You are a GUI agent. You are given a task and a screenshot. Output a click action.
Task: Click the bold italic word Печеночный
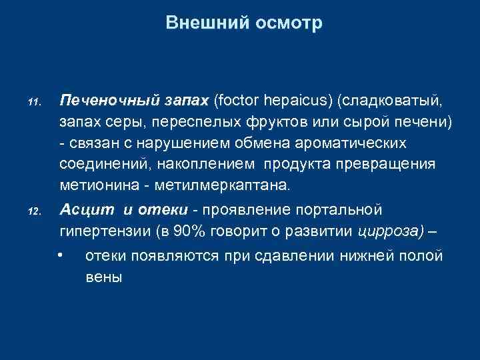pos(107,101)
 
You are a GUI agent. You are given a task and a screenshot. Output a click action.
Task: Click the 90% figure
pos(201,231)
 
